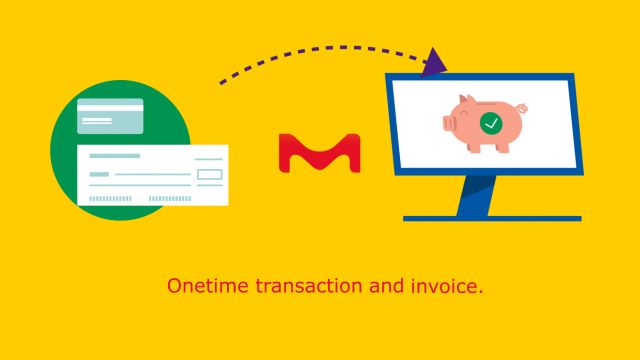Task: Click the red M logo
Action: click(319, 152)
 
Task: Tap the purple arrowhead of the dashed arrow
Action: click(436, 63)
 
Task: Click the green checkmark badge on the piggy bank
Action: click(491, 124)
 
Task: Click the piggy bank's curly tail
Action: click(523, 108)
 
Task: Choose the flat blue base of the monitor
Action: click(491, 217)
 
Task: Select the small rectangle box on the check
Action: click(209, 175)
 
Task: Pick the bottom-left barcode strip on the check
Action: click(111, 198)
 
